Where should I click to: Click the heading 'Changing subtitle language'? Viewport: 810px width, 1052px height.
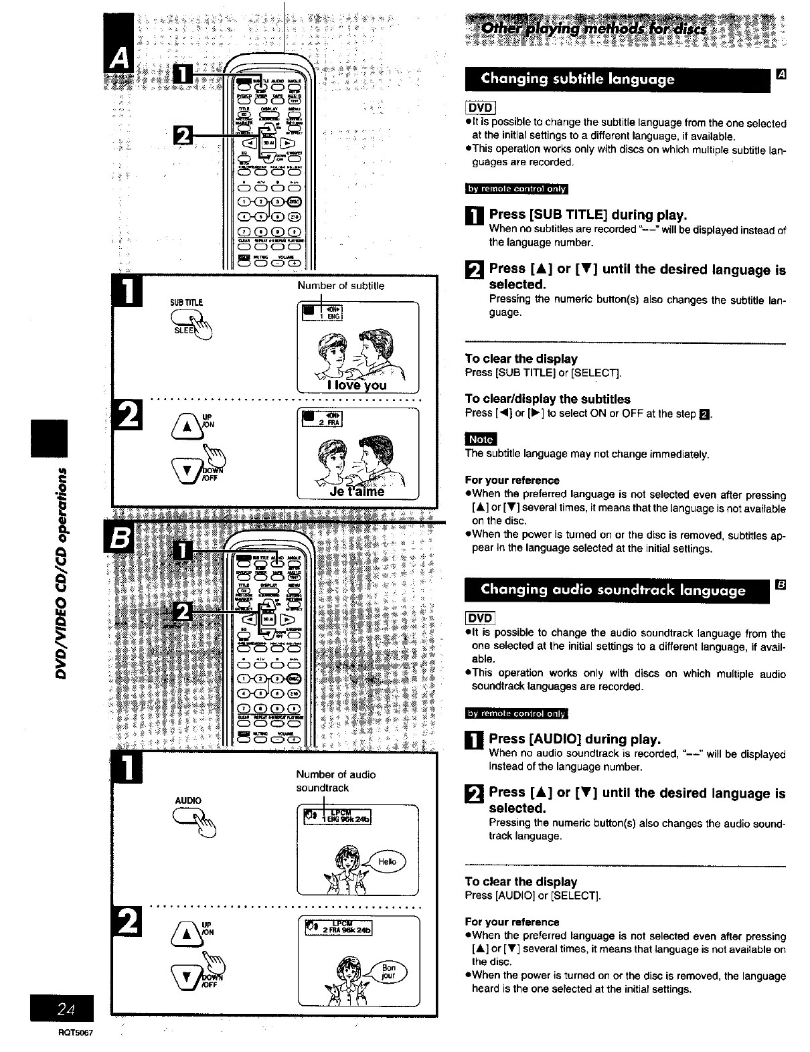pyautogui.click(x=578, y=80)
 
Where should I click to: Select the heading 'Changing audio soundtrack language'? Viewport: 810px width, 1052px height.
pyautogui.click(x=613, y=590)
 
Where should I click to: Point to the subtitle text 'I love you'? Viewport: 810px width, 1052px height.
pyautogui.click(x=357, y=385)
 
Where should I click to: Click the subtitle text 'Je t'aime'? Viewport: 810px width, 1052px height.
pyautogui.click(x=357, y=491)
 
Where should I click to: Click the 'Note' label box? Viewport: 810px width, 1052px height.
pyautogui.click(x=481, y=439)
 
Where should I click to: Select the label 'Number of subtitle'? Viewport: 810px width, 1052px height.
pyautogui.click(x=341, y=286)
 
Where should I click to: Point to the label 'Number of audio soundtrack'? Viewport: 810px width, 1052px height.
pyautogui.click(x=336, y=781)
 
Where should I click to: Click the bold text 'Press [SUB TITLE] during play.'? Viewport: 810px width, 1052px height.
pyautogui.click(x=588, y=215)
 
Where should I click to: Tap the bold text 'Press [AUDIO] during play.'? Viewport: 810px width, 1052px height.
pyautogui.click(x=574, y=739)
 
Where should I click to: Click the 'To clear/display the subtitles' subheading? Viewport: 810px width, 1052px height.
pyautogui.click(x=548, y=399)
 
